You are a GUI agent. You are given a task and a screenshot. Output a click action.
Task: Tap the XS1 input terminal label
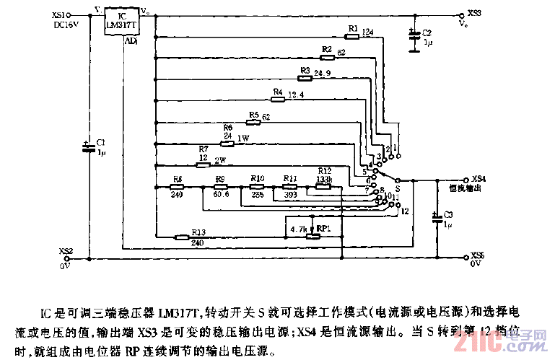click(x=62, y=14)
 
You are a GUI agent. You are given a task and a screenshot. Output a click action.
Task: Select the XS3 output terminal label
click(x=474, y=13)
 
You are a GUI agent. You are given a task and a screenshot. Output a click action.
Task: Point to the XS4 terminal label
click(x=478, y=178)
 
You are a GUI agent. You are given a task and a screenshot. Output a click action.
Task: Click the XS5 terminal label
click(x=478, y=255)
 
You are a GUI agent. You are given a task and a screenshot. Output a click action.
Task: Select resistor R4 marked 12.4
click(x=278, y=98)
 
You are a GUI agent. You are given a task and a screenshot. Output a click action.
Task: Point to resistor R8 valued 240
click(x=178, y=187)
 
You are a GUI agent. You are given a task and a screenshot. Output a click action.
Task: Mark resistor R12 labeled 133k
click(x=323, y=186)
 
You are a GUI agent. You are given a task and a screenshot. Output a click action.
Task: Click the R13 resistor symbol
click(x=198, y=235)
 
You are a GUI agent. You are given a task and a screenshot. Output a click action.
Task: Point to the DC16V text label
click(x=66, y=24)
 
